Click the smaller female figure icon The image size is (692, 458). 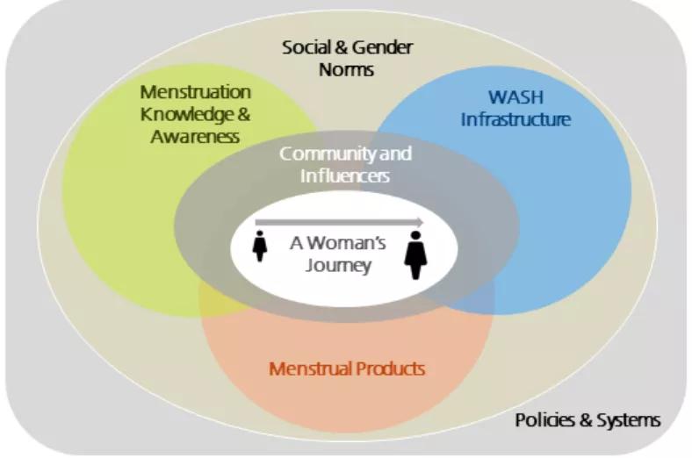[x=260, y=246]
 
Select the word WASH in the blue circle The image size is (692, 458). [x=503, y=97]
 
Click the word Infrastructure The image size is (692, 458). [x=515, y=118]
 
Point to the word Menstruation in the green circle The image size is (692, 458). [x=196, y=92]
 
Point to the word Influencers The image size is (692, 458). [x=346, y=175]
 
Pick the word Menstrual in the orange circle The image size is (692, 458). [x=309, y=368]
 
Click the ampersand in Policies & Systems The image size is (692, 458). [x=583, y=419]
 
